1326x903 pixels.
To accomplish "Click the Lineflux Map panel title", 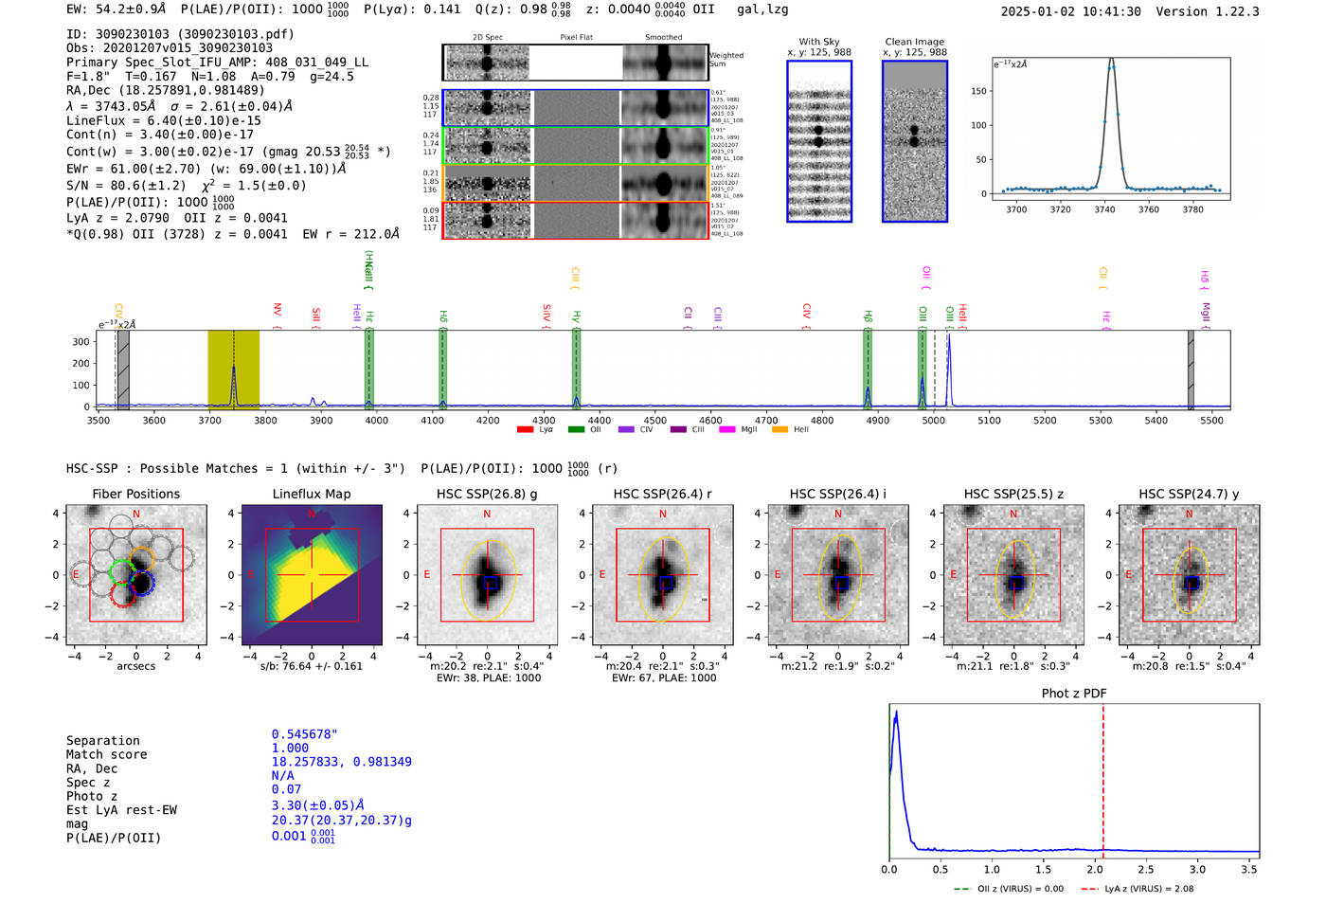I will point(311,494).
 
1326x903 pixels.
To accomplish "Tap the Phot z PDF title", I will point(1073,693).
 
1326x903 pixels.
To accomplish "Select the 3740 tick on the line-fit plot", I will point(1104,208).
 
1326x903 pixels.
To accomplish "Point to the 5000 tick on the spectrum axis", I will point(933,420).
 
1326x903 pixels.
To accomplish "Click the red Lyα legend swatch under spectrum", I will point(525,430).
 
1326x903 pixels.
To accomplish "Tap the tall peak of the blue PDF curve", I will point(896,713).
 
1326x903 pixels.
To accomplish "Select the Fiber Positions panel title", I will point(135,494).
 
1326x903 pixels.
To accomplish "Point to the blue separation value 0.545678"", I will point(304,734).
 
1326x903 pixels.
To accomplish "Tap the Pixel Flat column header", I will point(576,38).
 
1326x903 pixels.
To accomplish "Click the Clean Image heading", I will point(914,42).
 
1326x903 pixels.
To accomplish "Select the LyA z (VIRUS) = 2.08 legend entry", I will point(1148,889).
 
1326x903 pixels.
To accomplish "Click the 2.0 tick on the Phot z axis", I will point(1094,869).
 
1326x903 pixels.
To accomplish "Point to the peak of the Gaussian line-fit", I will point(1111,62).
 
